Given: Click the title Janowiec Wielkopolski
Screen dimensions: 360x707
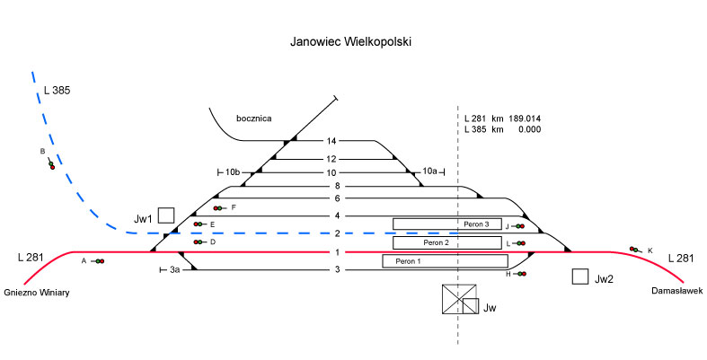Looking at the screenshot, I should point(351,41).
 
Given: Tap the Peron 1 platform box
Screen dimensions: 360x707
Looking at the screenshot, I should point(445,261).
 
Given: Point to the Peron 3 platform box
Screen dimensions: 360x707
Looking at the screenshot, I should point(446,224).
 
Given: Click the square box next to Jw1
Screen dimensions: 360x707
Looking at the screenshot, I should point(165,215).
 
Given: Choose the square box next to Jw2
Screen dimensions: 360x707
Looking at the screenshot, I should point(580,277).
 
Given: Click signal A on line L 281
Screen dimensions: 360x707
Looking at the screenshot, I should point(98,261).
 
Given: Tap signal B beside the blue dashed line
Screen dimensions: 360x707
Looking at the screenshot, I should point(51,164).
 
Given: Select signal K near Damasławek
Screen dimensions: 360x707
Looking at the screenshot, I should point(635,250).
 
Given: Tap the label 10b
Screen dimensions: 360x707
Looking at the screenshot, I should point(232,171).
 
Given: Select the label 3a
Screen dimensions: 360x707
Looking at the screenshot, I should point(176,269).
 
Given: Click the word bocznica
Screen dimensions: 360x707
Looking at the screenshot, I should point(253,118).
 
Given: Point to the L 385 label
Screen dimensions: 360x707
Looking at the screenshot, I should point(57,91).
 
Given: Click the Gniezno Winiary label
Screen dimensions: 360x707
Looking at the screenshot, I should point(37,293).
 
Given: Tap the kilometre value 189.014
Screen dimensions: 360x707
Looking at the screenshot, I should point(525,119).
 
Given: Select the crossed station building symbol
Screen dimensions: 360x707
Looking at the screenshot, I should point(459,299).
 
